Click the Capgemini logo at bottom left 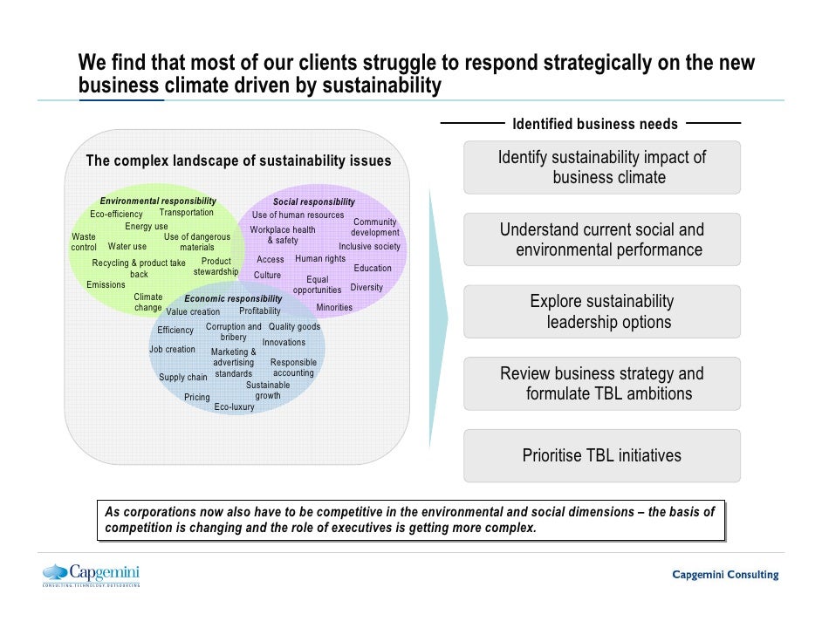[x=92, y=575]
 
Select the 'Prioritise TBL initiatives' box [x=601, y=455]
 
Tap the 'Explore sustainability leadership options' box [x=601, y=311]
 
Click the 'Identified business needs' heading [x=595, y=124]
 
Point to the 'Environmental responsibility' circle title [x=158, y=201]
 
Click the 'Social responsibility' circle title [x=314, y=201]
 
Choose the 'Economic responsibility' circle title [x=233, y=298]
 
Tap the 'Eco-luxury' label [x=234, y=406]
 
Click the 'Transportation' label [x=186, y=212]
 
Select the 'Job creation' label [x=172, y=349]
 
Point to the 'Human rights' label [x=320, y=258]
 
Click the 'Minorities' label [x=334, y=307]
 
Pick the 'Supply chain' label [x=183, y=378]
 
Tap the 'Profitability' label [x=260, y=311]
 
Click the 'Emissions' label [x=106, y=284]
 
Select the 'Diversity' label [x=366, y=287]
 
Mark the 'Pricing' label [x=197, y=397]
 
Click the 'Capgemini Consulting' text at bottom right [x=725, y=575]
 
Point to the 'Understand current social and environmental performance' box [x=601, y=240]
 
